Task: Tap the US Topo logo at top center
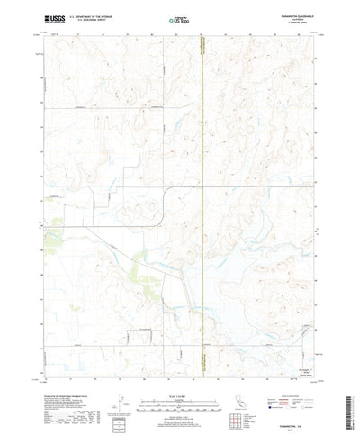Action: coord(180,17)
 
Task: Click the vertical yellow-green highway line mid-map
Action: coord(204,180)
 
